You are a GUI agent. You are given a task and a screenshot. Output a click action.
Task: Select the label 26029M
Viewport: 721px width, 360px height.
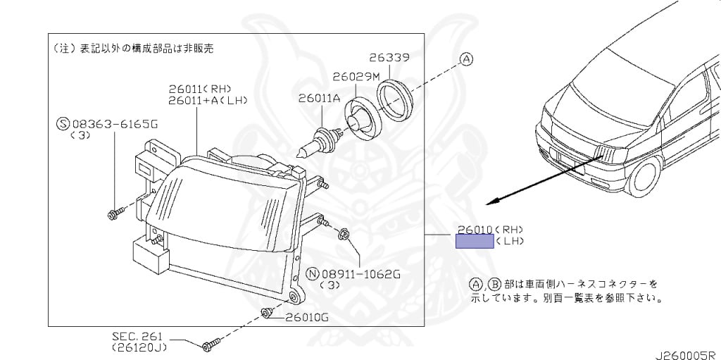pyautogui.click(x=356, y=75)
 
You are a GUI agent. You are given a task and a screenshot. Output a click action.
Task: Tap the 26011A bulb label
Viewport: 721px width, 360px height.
pyautogui.click(x=319, y=99)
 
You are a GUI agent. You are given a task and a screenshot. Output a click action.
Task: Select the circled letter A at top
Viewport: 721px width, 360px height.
pyautogui.click(x=466, y=61)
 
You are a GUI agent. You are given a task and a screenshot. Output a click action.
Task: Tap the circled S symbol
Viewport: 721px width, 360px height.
pyautogui.click(x=61, y=124)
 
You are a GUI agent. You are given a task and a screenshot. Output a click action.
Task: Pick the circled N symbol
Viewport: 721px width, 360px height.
pyautogui.click(x=313, y=273)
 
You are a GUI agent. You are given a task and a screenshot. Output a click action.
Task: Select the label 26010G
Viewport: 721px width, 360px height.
pyautogui.click(x=307, y=317)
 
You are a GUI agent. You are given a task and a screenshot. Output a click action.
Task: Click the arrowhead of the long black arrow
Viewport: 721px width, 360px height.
pyautogui.click(x=493, y=201)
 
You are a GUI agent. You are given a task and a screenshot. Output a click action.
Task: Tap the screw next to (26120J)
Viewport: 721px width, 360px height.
pyautogui.click(x=208, y=345)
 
